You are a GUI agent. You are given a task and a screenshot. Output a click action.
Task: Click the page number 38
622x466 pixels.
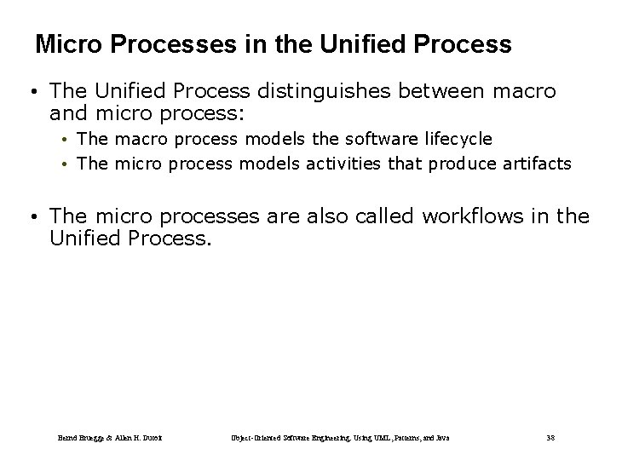click(x=550, y=438)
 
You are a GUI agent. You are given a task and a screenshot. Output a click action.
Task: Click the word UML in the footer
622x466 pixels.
click(x=358, y=438)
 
